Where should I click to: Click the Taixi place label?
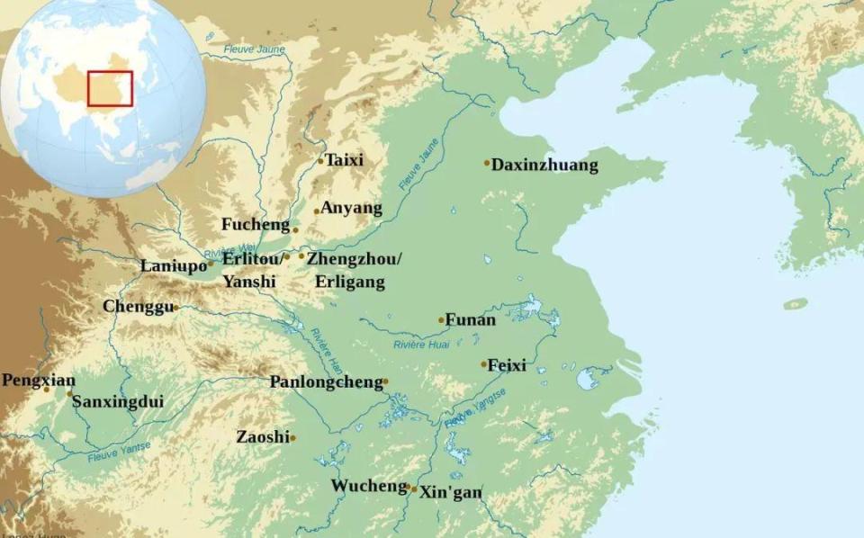[x=345, y=160]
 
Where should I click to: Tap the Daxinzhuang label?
[x=546, y=166]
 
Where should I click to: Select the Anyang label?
[x=352, y=208]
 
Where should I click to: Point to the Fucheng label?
[x=256, y=225]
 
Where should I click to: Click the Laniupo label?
[x=174, y=265]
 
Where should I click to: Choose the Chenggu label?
[x=138, y=307]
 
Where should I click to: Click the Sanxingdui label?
[x=118, y=401]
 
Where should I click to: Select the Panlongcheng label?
[x=327, y=382]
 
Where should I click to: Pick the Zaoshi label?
[x=263, y=437]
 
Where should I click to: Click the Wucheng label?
[x=369, y=486]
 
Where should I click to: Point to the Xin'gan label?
[x=451, y=492]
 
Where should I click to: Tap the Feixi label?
[x=508, y=365]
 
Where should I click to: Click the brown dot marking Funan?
[x=441, y=320]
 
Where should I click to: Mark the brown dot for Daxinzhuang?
[x=487, y=163]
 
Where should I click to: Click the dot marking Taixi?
[x=320, y=161]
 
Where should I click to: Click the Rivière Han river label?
[x=326, y=352]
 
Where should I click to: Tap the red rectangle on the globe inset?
[x=110, y=88]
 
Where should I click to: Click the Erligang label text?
[x=350, y=282]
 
